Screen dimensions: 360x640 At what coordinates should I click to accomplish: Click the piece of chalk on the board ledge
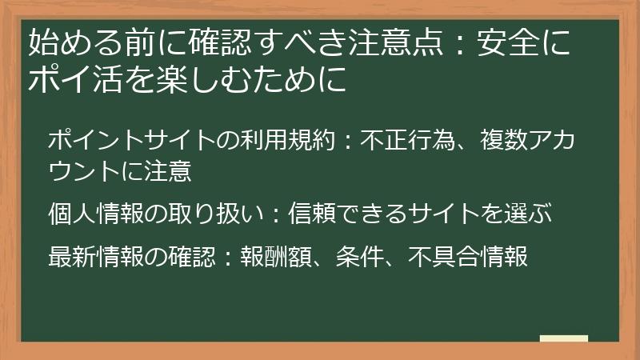pos(564,338)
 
